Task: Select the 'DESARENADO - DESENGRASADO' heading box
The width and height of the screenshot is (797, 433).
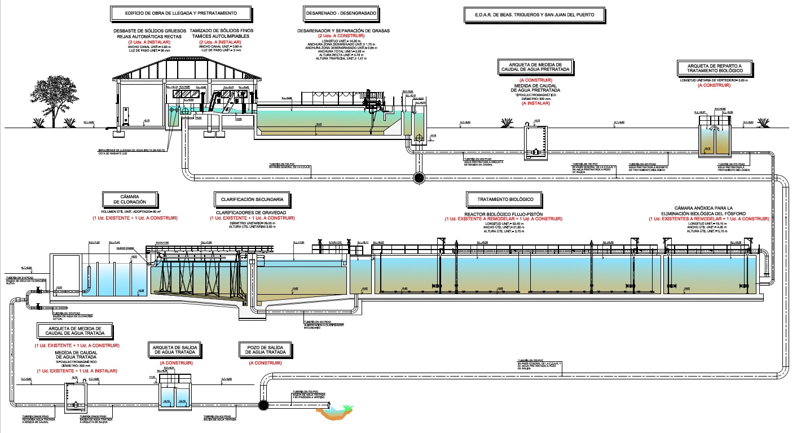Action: (341, 12)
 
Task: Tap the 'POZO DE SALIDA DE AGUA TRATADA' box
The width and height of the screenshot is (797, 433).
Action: (265, 349)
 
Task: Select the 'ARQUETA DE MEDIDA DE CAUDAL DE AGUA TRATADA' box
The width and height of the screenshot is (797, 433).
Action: (74, 330)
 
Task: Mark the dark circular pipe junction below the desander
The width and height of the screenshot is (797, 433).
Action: (419, 177)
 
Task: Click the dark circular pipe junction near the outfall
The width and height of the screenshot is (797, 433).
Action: (263, 405)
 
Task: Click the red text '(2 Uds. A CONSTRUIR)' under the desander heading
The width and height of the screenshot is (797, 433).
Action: (342, 36)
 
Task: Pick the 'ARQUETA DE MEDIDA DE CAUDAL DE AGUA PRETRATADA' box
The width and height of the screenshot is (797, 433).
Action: (535, 67)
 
